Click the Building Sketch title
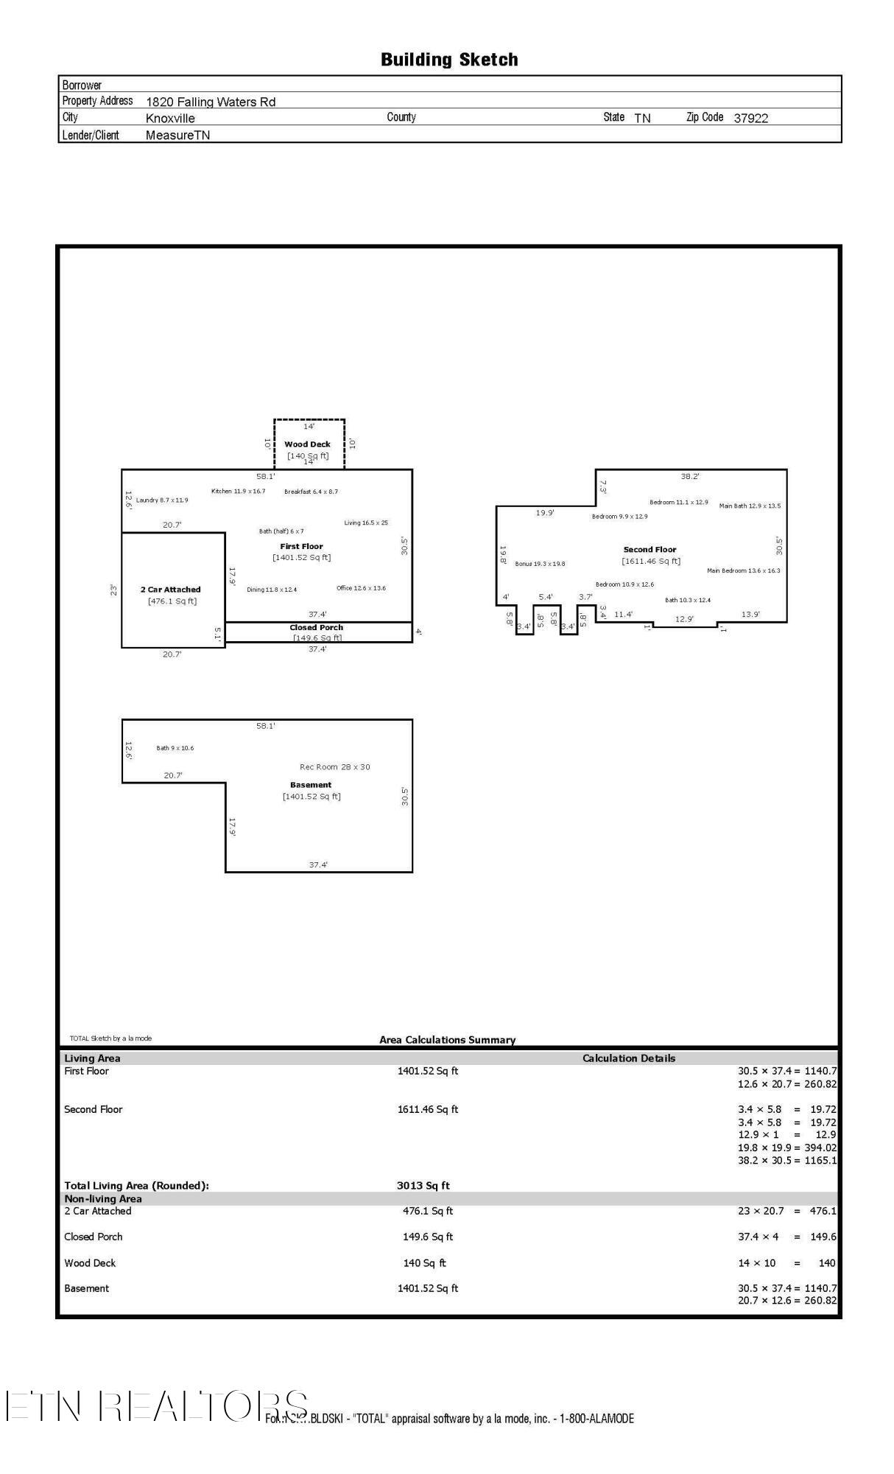pyautogui.click(x=448, y=60)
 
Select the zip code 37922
pyautogui.click(x=750, y=118)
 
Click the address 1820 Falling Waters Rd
pyautogui.click(x=211, y=102)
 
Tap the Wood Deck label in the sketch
pyautogui.click(x=307, y=444)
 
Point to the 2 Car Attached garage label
pyautogui.click(x=171, y=590)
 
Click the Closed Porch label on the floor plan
pyautogui.click(x=316, y=628)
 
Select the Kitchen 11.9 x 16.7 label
pyautogui.click(x=238, y=492)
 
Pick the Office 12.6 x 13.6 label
pyautogui.click(x=361, y=588)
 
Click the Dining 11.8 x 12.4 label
pyautogui.click(x=272, y=590)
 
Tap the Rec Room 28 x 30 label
pyautogui.click(x=335, y=767)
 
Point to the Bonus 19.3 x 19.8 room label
pyautogui.click(x=540, y=564)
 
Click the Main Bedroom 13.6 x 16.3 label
pyautogui.click(x=743, y=570)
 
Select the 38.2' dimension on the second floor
pyautogui.click(x=690, y=477)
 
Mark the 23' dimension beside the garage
pyautogui.click(x=113, y=590)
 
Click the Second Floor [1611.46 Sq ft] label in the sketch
pyautogui.click(x=650, y=555)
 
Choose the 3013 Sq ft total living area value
pyautogui.click(x=423, y=1186)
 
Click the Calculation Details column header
pyautogui.click(x=628, y=1058)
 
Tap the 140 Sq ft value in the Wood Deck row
pyautogui.click(x=424, y=1262)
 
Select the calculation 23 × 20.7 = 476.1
pyautogui.click(x=786, y=1211)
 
